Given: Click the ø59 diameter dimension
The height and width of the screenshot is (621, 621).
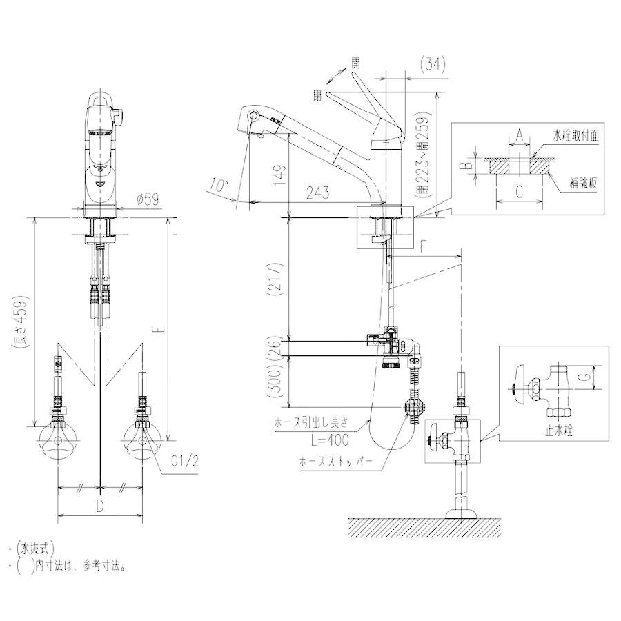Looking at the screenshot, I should click(149, 199).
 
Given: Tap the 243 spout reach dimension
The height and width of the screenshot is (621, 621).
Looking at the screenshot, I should click(315, 193).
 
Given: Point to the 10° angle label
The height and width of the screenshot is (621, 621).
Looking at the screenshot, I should click(218, 185).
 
